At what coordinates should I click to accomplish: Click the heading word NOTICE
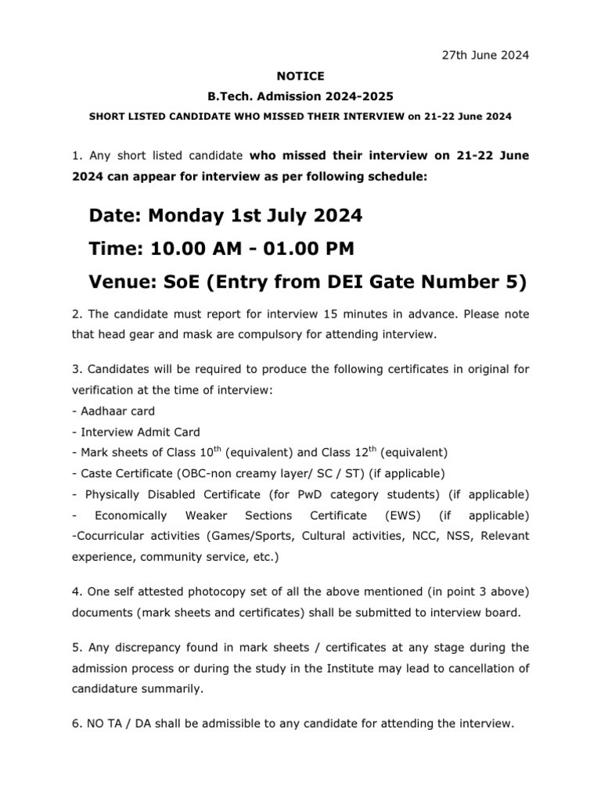coord(300,76)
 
